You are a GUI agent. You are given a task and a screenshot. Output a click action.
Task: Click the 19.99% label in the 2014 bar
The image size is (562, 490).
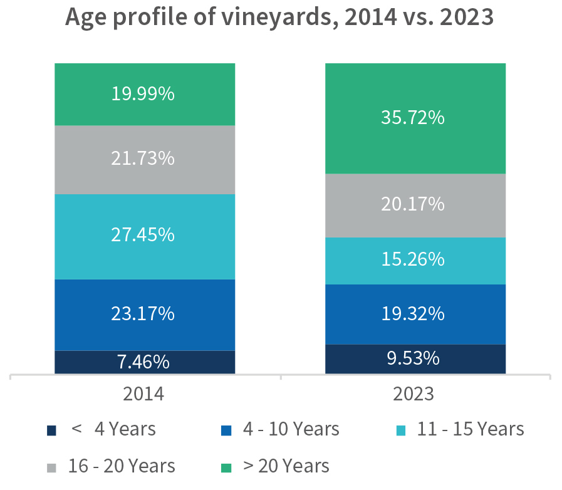click(143, 94)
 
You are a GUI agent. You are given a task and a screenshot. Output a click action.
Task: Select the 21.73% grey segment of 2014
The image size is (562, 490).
click(144, 159)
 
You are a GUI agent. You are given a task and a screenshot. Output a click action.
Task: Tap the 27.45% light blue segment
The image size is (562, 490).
click(144, 236)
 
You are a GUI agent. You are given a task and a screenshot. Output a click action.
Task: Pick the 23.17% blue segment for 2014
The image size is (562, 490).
click(144, 314)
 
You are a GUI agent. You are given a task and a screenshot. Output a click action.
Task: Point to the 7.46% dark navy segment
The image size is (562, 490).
click(144, 362)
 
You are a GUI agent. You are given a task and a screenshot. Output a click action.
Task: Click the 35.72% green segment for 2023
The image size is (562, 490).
click(414, 118)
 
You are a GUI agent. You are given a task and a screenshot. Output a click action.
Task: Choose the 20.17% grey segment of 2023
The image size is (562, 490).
click(414, 205)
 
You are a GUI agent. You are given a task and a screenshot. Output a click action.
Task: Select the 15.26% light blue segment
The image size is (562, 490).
click(414, 260)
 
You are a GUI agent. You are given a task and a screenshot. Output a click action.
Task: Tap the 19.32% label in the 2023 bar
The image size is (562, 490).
click(413, 314)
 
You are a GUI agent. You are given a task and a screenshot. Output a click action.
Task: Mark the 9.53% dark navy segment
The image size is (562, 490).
click(414, 358)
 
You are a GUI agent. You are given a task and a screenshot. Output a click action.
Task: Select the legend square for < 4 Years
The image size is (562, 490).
click(52, 430)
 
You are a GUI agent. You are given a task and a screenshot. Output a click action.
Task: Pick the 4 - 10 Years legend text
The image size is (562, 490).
click(291, 429)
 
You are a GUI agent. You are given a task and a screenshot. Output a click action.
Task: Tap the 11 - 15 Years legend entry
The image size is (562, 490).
click(470, 429)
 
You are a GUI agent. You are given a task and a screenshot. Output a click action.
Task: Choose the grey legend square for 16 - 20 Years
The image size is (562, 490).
click(52, 467)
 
